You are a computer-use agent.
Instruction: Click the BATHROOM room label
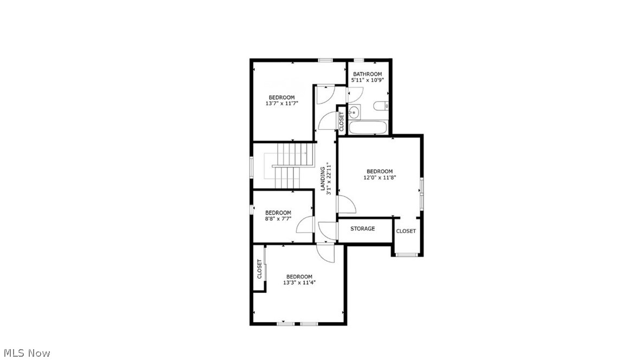(367, 74)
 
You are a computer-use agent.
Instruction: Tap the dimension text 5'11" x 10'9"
(367, 80)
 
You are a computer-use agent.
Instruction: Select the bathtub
(368, 128)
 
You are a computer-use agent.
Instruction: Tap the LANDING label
(323, 178)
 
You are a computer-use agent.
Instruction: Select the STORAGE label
(362, 229)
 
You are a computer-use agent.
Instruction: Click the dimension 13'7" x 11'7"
(282, 103)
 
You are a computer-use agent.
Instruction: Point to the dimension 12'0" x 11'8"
(379, 177)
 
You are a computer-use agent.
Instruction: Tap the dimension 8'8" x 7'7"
(278, 219)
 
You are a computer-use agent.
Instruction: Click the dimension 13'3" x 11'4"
(299, 282)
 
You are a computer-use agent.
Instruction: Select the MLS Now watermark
(25, 353)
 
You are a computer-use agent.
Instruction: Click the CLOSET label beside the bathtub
(341, 122)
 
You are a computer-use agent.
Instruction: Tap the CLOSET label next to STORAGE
(406, 231)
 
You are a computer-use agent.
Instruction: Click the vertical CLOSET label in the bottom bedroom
(259, 269)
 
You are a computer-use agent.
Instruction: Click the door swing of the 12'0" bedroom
(345, 205)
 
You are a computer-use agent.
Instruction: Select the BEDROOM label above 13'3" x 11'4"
(299, 277)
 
